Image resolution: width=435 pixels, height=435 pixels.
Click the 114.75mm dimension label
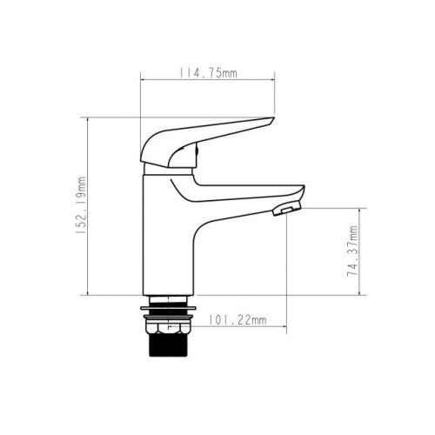[208, 73]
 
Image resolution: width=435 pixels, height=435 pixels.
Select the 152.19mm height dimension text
[81, 205]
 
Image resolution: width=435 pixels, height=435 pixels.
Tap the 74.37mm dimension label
[352, 251]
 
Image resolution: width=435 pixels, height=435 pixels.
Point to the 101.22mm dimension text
[238, 320]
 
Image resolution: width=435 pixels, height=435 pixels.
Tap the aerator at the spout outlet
[287, 210]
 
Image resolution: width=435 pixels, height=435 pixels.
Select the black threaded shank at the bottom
[168, 345]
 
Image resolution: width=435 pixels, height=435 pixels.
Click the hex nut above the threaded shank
[168, 327]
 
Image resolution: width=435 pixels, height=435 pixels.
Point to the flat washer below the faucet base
[168, 308]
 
